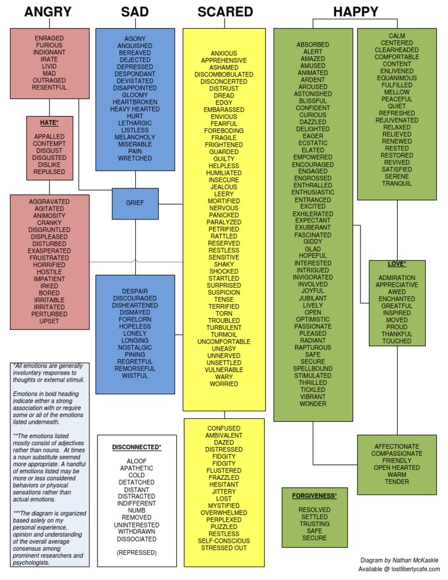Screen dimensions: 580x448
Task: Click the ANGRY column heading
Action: [x=48, y=12]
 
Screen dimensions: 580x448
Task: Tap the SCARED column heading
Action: [x=225, y=12]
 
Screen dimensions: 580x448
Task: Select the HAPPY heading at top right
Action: [x=355, y=12]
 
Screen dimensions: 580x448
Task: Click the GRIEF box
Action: [x=135, y=204]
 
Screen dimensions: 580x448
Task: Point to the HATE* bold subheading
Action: [x=50, y=123]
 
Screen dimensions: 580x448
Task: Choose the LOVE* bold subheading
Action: [x=397, y=264]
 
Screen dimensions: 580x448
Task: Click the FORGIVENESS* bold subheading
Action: [x=314, y=495]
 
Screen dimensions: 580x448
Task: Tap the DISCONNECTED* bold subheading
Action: [x=136, y=447]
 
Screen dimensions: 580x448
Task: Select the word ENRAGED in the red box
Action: [x=50, y=38]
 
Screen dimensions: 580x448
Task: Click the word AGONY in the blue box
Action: [x=135, y=39]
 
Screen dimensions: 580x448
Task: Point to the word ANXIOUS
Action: [x=224, y=53]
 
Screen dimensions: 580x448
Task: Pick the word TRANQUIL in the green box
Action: [x=397, y=183]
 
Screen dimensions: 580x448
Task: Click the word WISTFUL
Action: [x=135, y=375]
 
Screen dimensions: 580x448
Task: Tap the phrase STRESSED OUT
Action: [x=224, y=548]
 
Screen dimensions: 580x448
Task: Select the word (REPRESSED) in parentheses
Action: [x=136, y=551]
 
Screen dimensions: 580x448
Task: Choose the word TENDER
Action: [x=397, y=481]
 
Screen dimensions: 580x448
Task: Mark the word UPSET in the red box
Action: [x=50, y=321]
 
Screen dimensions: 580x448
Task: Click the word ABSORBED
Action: [x=313, y=44]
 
